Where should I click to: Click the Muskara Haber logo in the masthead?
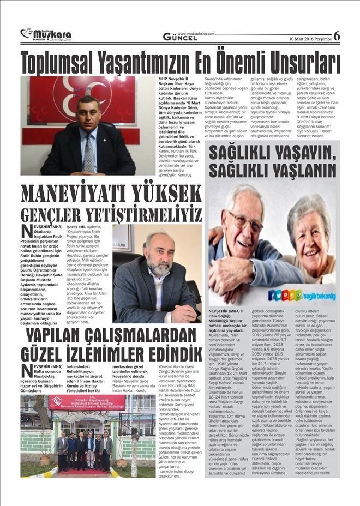[x=46, y=35]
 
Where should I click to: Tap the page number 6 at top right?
[x=337, y=36]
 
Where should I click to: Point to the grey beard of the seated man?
[x=159, y=267]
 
